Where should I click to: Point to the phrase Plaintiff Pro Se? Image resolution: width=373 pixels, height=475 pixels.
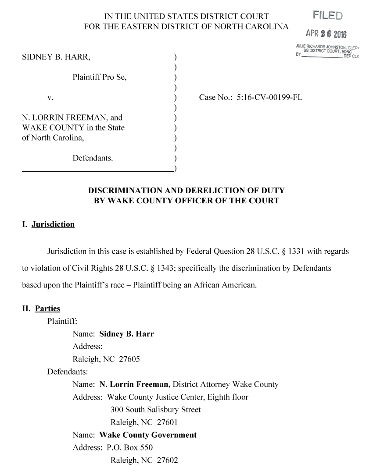click(100, 78)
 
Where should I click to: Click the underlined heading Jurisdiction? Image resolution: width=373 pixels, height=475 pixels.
click(53, 224)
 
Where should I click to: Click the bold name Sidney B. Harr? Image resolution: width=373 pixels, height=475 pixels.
click(127, 334)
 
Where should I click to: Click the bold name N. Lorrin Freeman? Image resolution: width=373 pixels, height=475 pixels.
click(135, 385)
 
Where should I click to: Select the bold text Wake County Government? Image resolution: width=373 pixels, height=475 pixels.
click(148, 435)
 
